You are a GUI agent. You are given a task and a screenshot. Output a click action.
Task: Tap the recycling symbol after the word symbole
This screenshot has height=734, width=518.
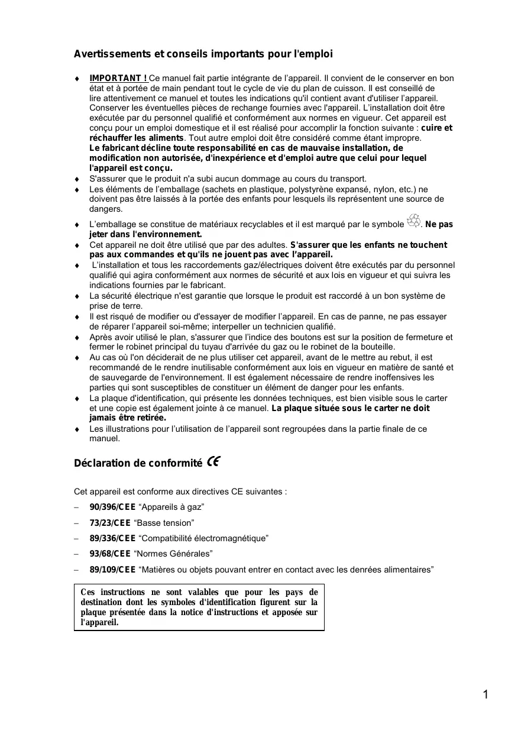coord(414,222)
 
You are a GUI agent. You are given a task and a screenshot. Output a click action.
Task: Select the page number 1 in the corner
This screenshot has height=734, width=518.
coord(485,695)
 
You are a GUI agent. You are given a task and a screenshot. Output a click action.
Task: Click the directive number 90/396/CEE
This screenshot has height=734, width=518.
coord(112,507)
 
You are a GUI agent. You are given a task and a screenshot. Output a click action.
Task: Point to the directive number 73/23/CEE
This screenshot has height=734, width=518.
coord(110,523)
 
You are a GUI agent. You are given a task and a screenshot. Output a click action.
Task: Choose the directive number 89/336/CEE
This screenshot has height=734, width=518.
coord(112,538)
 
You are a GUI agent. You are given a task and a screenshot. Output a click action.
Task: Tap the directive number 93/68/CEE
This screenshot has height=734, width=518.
coord(110,554)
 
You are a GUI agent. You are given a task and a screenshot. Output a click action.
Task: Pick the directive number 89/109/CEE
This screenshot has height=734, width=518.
coord(112,570)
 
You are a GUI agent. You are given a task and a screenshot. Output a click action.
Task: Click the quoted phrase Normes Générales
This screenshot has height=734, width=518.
coord(175,554)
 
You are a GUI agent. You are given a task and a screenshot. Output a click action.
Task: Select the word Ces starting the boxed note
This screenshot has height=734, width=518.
coord(88,592)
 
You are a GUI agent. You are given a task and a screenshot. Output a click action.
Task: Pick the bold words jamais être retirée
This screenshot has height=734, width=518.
coord(127,418)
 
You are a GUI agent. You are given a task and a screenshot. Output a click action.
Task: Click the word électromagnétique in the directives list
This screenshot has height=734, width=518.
coord(228,538)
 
